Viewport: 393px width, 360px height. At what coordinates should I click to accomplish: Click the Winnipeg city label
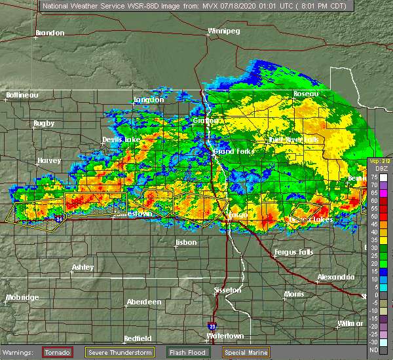point(224,31)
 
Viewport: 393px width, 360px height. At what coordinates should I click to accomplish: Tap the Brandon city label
point(50,33)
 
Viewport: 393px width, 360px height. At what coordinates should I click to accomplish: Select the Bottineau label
point(22,95)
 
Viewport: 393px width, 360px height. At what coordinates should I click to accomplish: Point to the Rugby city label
point(44,123)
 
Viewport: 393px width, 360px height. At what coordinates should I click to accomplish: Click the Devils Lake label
point(121,140)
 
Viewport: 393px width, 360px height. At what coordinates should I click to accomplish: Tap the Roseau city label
point(305,94)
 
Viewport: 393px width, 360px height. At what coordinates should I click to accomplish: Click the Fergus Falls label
point(292,252)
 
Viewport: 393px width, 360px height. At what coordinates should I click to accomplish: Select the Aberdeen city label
point(144,302)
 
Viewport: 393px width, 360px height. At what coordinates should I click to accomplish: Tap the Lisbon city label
point(186,243)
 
